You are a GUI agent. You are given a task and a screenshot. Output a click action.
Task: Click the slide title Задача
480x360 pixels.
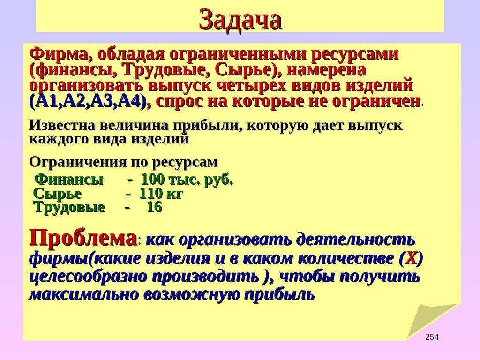pyautogui.click(x=240, y=20)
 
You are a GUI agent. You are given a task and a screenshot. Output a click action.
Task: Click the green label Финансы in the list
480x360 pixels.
pyautogui.click(x=69, y=179)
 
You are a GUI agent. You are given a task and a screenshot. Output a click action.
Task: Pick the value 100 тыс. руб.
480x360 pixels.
pyautogui.click(x=187, y=179)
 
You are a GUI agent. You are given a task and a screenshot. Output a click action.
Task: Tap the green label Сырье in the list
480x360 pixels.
pyautogui.click(x=58, y=193)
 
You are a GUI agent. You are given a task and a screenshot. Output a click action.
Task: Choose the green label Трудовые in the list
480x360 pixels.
pyautogui.click(x=69, y=207)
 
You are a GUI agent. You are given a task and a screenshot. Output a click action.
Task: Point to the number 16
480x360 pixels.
pyautogui.click(x=154, y=207)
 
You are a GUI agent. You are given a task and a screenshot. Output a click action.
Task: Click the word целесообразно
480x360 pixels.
pyautogui.click(x=89, y=277)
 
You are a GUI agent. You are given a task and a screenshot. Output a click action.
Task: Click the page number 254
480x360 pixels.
pyautogui.click(x=432, y=337)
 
